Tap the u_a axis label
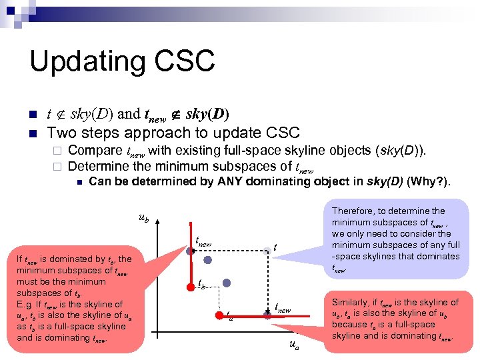293,345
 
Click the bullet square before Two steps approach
31,133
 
